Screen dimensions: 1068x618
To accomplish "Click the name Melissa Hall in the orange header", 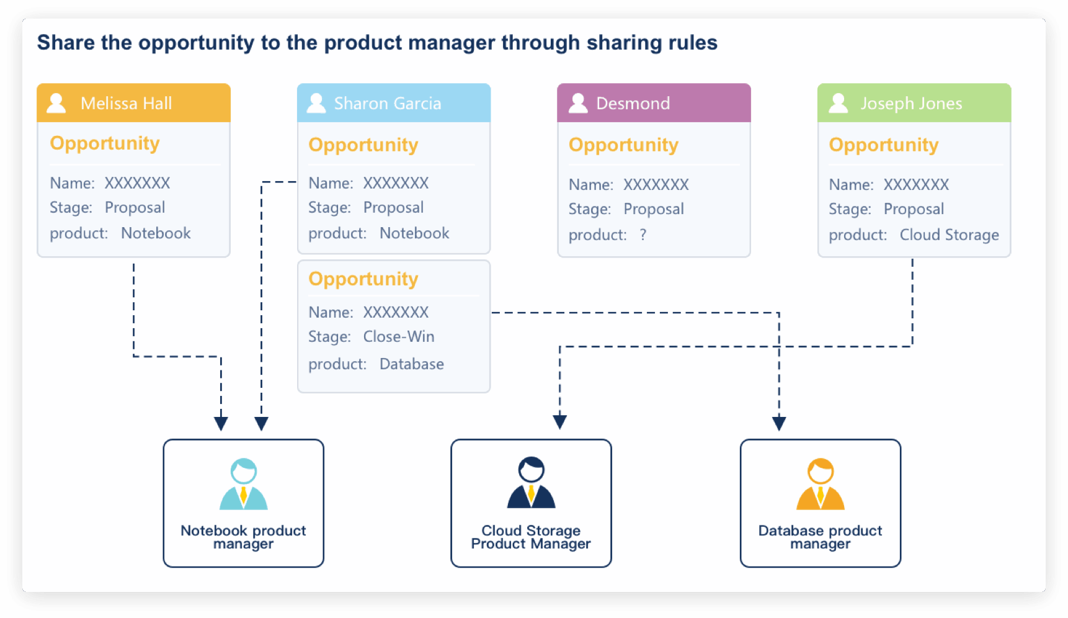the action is [126, 103].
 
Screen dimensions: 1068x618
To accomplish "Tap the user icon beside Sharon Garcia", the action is [316, 103].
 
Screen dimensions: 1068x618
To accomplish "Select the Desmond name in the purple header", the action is [633, 103].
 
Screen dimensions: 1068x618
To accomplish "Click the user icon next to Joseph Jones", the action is [838, 103].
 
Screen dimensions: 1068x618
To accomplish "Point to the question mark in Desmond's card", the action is [643, 235].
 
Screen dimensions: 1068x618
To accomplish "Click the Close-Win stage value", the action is [399, 336].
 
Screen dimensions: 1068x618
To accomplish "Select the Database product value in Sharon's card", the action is [412, 364].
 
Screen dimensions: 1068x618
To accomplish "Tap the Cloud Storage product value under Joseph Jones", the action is [950, 235].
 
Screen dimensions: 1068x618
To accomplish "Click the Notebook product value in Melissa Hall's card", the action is [156, 233].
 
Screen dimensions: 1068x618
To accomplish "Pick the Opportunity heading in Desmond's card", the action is [623, 145].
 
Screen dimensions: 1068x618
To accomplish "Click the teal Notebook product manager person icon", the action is [244, 484].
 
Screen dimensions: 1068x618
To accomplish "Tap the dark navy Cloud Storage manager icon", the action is [532, 483].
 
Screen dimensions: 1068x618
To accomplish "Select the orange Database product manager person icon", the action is [821, 484].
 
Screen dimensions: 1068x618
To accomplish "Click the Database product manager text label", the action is [820, 537].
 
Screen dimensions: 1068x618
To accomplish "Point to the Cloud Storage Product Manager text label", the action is [531, 537].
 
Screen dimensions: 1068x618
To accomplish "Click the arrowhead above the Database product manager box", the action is [779, 424].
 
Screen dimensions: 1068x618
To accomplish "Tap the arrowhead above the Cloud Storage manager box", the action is [560, 423].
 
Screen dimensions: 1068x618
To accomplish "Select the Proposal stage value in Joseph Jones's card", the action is [914, 209].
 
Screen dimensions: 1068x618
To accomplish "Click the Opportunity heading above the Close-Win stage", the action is [363, 279].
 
